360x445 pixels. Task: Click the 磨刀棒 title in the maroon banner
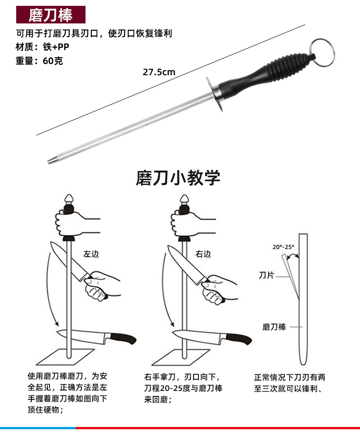coord(50,15)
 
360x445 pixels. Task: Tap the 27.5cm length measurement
coord(159,72)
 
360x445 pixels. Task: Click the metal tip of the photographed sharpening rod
coord(52,160)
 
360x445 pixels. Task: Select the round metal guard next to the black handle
coord(215,94)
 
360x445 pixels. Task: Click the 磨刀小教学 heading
coord(178,178)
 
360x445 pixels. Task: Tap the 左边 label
coord(91,254)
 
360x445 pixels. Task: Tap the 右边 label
coord(203,254)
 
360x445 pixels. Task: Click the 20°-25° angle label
coord(283,247)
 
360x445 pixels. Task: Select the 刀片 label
coord(266,275)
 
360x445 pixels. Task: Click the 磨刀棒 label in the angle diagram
coord(274,327)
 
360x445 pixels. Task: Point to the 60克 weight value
coord(53,61)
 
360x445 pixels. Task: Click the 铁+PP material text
coord(56,47)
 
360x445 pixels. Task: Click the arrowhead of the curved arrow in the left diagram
coord(57,323)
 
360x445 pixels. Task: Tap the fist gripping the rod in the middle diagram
coord(183,223)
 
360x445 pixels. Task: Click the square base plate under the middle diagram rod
coord(181,357)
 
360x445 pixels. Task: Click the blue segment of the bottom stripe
coord(38,428)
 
